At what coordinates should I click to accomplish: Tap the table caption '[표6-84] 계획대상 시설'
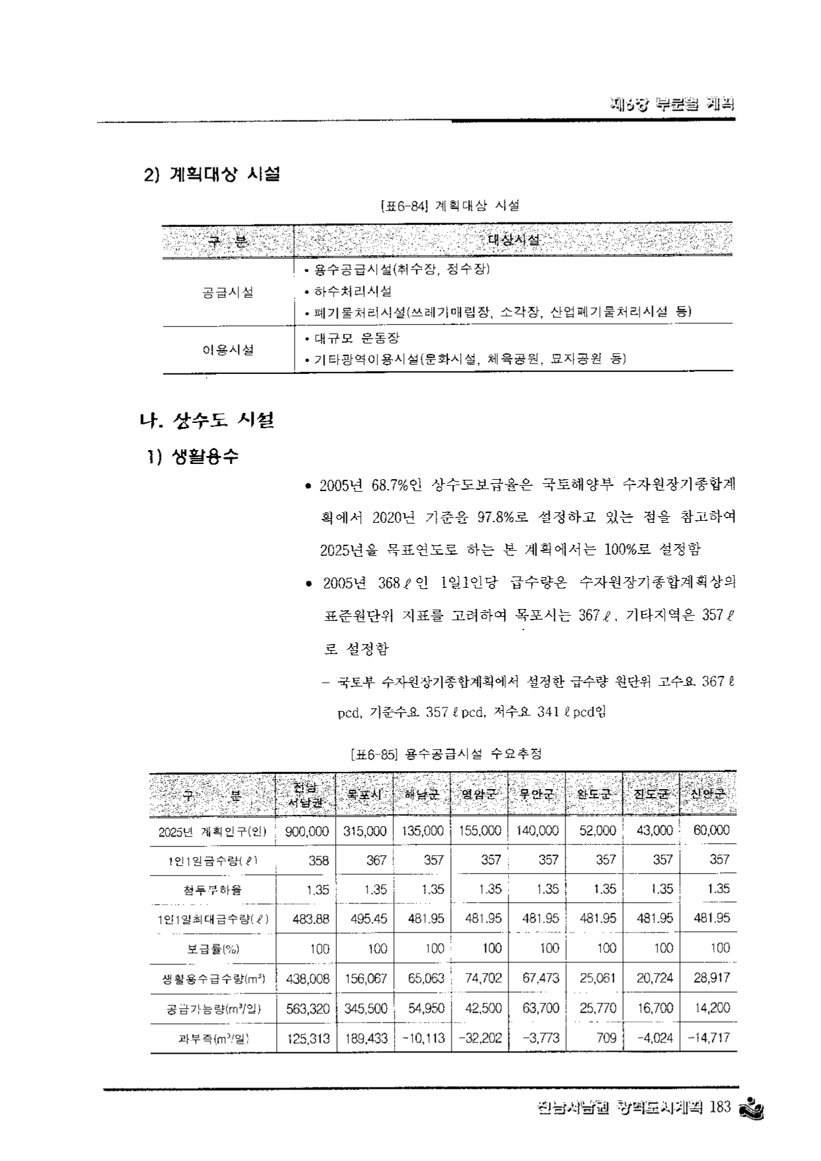coord(450,206)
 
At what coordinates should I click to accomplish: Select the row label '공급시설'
coord(228,292)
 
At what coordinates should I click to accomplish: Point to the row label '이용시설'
coord(228,349)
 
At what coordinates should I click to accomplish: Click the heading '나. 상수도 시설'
coord(207,420)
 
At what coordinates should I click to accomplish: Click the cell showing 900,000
coord(307,831)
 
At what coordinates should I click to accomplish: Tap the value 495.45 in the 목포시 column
coord(365,919)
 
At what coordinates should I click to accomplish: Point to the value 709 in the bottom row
coord(606,1038)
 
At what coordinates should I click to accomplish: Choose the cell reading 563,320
coord(307,1008)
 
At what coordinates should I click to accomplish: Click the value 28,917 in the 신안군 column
coord(711,978)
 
